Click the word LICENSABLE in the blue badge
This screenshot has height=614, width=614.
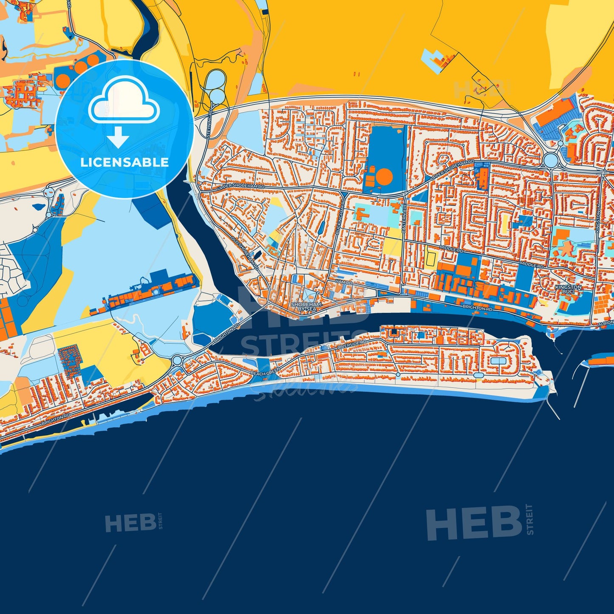tap(124, 162)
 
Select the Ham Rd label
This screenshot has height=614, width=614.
tap(344, 282)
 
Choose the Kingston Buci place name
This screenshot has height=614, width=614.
tap(568, 289)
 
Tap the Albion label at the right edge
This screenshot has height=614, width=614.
tap(606, 323)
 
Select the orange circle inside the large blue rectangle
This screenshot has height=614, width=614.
tap(385, 176)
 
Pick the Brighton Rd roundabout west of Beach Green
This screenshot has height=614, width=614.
tap(177, 361)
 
